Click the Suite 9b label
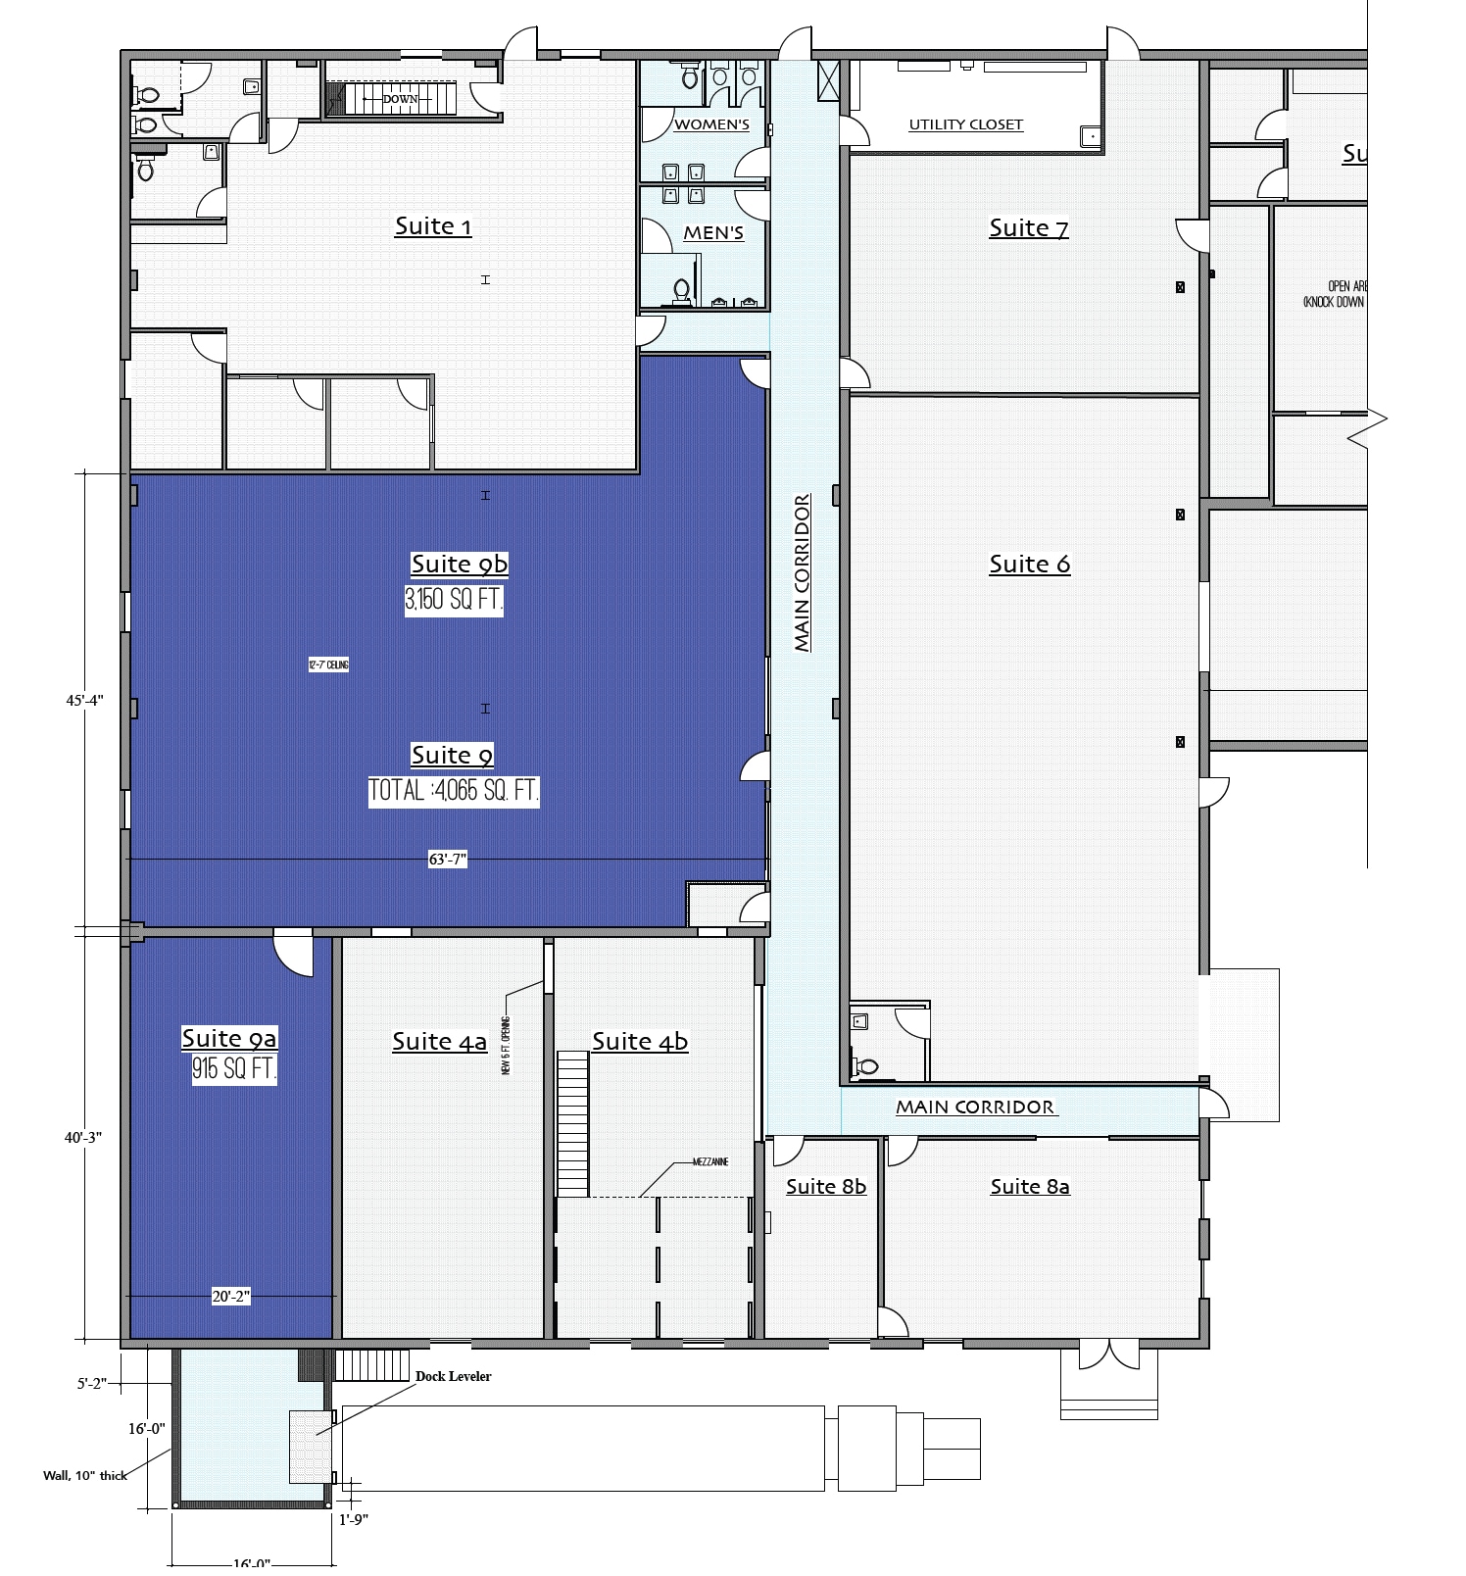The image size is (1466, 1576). click(459, 564)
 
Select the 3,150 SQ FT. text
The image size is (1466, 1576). click(454, 599)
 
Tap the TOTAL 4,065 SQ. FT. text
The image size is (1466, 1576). click(454, 790)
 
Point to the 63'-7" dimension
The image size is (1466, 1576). click(448, 860)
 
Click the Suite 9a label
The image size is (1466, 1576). click(229, 1038)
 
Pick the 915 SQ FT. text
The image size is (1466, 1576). click(234, 1068)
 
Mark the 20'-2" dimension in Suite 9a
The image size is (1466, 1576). click(231, 1297)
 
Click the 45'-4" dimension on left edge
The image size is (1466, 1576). click(84, 700)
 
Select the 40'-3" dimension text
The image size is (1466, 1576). click(82, 1137)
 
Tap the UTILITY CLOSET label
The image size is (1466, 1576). click(965, 124)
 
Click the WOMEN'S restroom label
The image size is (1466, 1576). click(711, 124)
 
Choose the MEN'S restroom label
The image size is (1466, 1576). click(713, 233)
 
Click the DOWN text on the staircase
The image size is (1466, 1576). click(400, 99)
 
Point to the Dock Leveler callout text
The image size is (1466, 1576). click(453, 1376)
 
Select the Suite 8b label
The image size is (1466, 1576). click(826, 1186)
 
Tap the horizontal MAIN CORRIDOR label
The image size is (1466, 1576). click(975, 1107)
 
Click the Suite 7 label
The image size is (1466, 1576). click(1028, 227)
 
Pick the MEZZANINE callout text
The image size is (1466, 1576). click(710, 1162)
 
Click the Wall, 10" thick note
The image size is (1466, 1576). click(85, 1475)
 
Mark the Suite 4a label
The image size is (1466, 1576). click(439, 1041)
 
